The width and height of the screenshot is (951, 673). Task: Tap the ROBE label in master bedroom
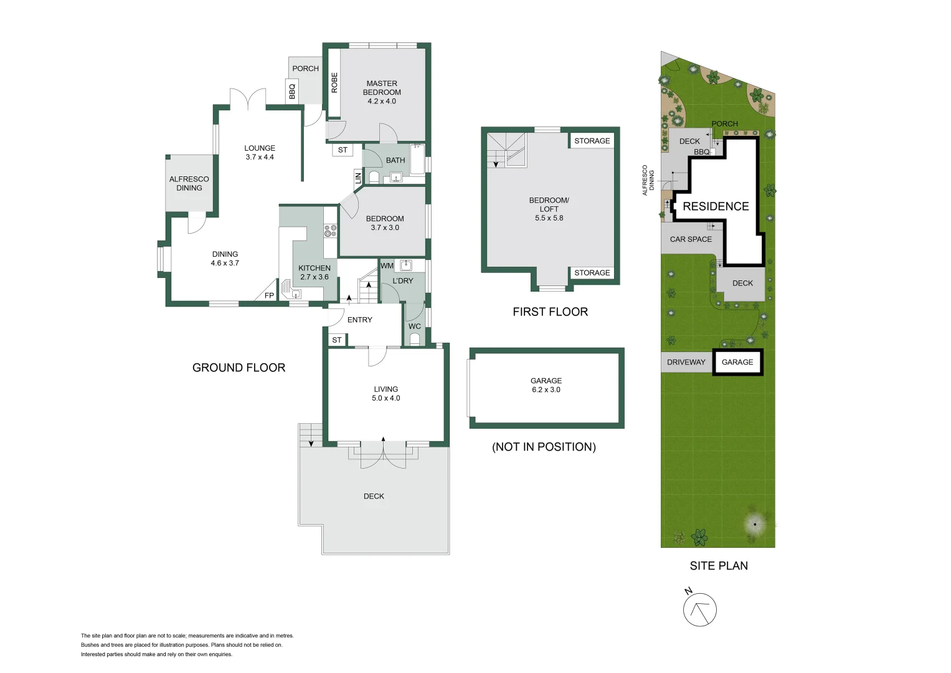[x=334, y=83]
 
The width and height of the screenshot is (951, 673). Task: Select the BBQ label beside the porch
[x=292, y=92]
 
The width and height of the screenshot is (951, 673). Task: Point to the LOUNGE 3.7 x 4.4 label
[x=260, y=153]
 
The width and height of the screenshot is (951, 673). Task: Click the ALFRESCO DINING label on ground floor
[x=189, y=183]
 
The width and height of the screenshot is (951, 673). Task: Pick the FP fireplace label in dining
[x=269, y=295]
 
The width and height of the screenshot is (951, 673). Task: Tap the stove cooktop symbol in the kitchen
[x=330, y=231]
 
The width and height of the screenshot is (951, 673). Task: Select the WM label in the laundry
[x=387, y=265]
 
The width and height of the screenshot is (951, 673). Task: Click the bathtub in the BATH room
[x=417, y=160]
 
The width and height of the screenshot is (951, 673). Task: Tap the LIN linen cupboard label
[x=358, y=178]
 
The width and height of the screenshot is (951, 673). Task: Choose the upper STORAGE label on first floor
[x=592, y=141]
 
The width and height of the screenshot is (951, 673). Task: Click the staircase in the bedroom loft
[x=506, y=150]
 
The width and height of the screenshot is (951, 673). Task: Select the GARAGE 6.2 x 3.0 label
[x=546, y=385]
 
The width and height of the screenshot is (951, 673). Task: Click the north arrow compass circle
[x=699, y=609]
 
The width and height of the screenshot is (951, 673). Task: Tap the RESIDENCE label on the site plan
[x=716, y=206]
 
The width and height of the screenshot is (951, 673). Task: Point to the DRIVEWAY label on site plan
[x=686, y=362]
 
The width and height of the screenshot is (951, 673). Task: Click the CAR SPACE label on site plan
[x=691, y=239]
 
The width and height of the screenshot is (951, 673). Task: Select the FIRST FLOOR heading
[x=550, y=312]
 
